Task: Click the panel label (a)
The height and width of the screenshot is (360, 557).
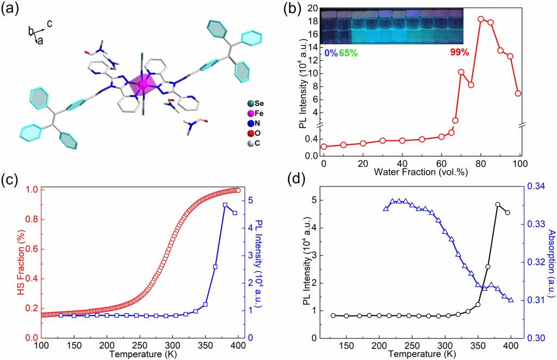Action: pyautogui.click(x=11, y=10)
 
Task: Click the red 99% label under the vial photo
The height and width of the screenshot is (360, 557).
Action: pyautogui.click(x=459, y=53)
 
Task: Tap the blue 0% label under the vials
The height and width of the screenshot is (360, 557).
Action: pyautogui.click(x=330, y=53)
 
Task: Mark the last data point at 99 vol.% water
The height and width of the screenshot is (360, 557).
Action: pyautogui.click(x=518, y=94)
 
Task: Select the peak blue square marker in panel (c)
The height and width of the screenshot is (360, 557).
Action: pyautogui.click(x=225, y=205)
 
